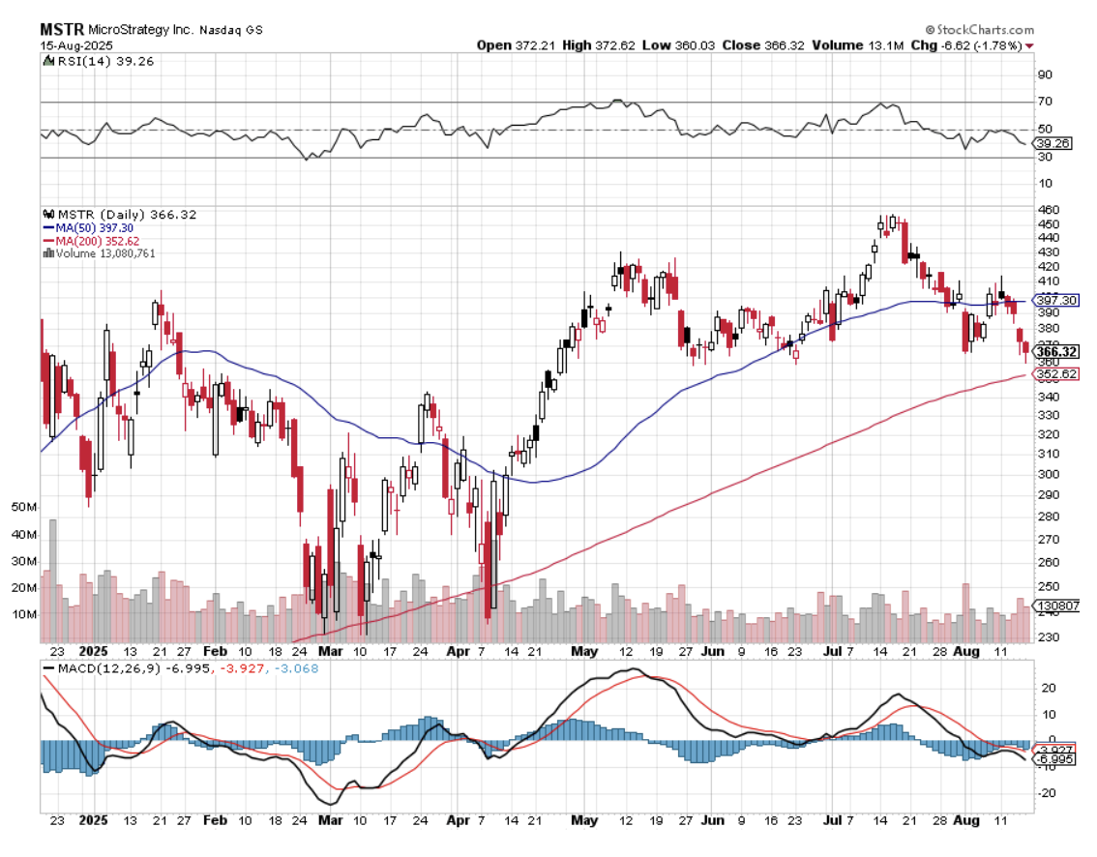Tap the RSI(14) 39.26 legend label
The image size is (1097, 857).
[x=98, y=61]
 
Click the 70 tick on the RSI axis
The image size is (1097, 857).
[x=1045, y=102]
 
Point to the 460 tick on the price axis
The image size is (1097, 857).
[x=1048, y=210]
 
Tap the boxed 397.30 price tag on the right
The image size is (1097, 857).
[x=1054, y=302]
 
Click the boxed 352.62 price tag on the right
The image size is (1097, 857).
[x=1054, y=374]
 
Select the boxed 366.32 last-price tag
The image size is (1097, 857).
[x=1054, y=351]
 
